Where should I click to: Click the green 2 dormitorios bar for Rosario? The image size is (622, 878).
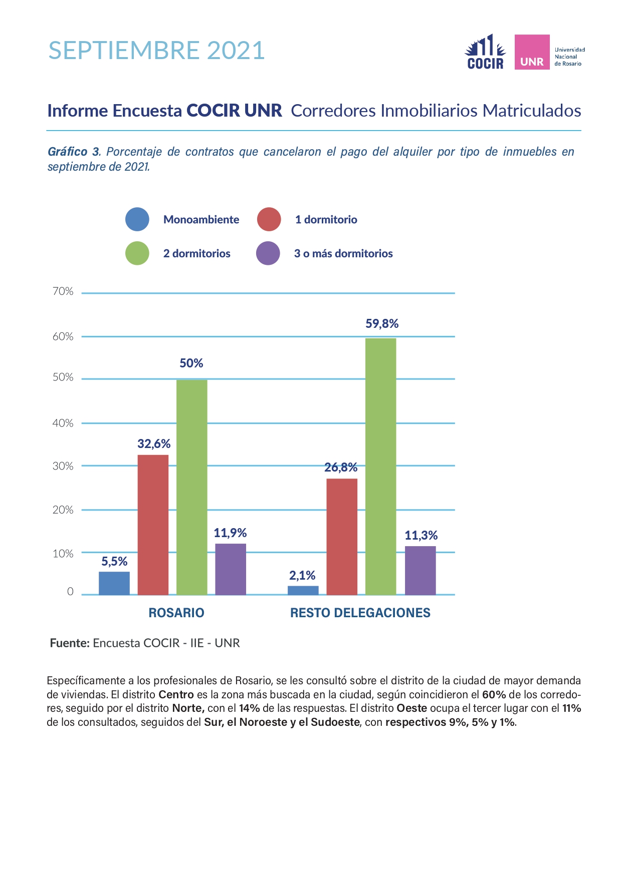pyautogui.click(x=191, y=487)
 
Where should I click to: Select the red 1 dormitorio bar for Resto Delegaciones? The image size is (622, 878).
pyautogui.click(x=342, y=537)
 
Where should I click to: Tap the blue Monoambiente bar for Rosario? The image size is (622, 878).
pyautogui.click(x=114, y=583)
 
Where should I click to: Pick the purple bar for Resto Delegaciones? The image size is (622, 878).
pyautogui.click(x=421, y=570)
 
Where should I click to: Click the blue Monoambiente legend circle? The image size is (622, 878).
pyautogui.click(x=137, y=219)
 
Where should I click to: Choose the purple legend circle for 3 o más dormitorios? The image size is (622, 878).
pyautogui.click(x=268, y=253)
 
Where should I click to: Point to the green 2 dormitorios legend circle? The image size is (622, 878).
pyautogui.click(x=137, y=253)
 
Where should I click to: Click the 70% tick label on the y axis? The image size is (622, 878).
pyautogui.click(x=63, y=291)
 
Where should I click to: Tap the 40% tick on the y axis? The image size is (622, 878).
pyautogui.click(x=63, y=423)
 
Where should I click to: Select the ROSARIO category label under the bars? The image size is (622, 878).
pyautogui.click(x=176, y=613)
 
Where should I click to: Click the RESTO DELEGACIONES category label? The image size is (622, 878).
pyautogui.click(x=360, y=613)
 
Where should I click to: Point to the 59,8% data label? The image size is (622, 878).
pyautogui.click(x=382, y=324)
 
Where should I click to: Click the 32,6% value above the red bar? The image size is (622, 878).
pyautogui.click(x=154, y=444)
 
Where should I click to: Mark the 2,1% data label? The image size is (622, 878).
pyautogui.click(x=302, y=576)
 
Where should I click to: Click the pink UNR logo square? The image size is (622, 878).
pyautogui.click(x=532, y=52)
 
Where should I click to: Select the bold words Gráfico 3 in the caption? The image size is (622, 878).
pyautogui.click(x=74, y=152)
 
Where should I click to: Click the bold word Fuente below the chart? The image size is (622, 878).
pyautogui.click(x=70, y=643)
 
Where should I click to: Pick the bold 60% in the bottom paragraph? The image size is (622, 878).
pyautogui.click(x=494, y=695)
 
